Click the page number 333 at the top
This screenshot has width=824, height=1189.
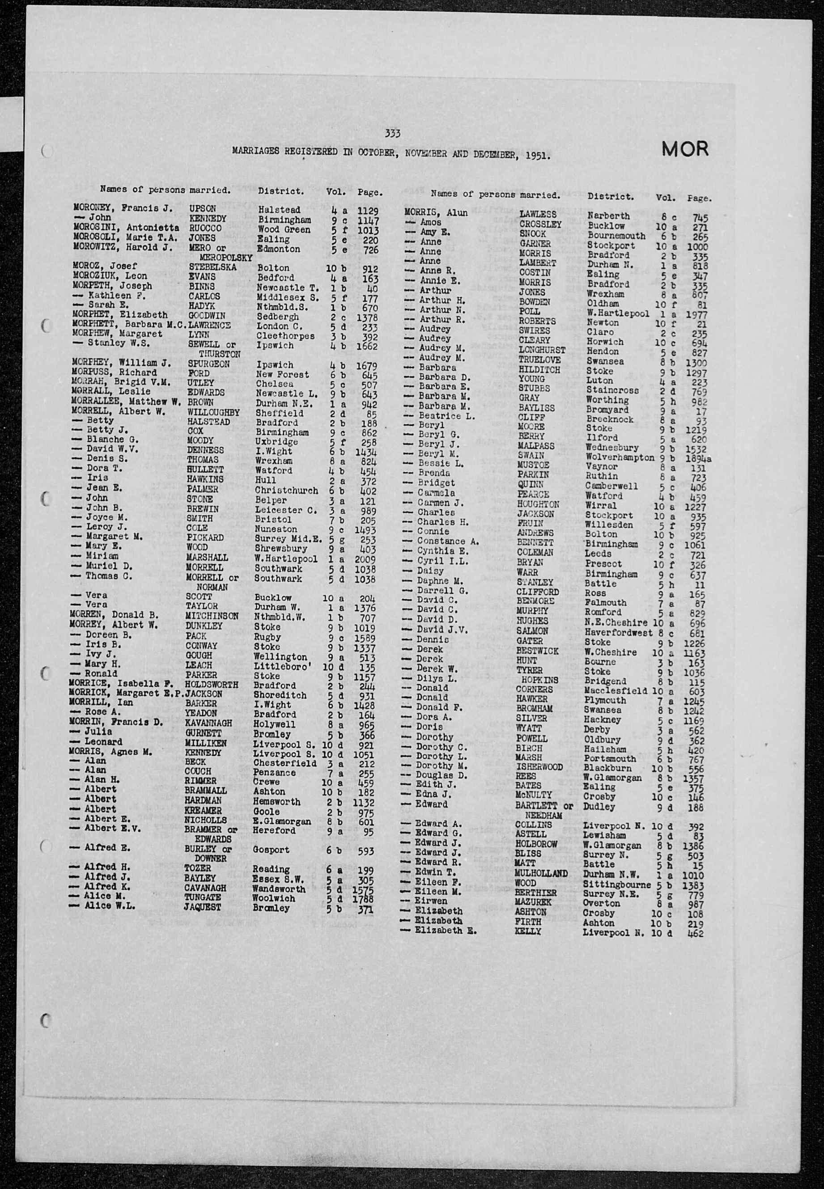(x=393, y=134)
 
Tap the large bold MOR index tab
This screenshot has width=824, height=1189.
(x=685, y=149)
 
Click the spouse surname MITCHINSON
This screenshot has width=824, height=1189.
(x=212, y=616)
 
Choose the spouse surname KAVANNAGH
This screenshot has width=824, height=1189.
(x=208, y=724)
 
